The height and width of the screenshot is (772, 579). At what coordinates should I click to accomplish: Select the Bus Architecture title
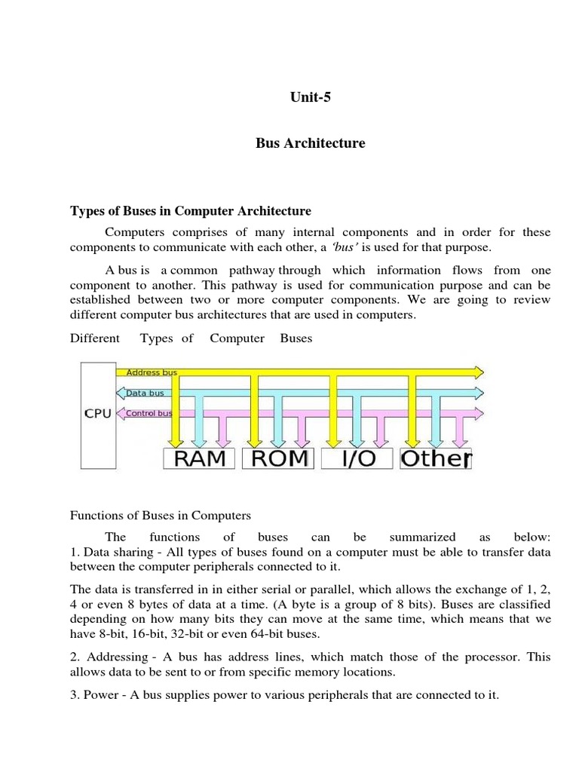310,143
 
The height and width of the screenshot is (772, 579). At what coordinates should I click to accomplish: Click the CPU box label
97,414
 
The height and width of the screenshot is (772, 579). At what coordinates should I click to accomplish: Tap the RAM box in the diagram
200,458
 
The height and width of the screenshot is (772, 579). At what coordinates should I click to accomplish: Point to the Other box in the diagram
435,458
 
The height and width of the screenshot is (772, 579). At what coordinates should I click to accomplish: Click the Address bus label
151,372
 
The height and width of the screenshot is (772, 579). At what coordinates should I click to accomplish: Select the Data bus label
146,393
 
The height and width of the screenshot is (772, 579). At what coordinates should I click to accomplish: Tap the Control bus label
149,413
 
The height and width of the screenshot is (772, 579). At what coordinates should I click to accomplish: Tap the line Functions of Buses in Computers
160,516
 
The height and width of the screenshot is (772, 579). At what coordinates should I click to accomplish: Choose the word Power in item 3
101,694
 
